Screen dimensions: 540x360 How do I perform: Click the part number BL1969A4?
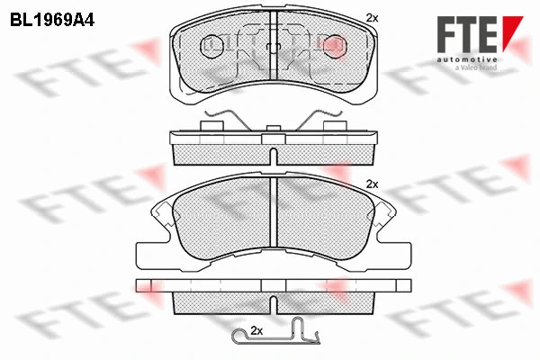tap(52, 21)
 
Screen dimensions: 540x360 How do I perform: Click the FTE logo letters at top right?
tap(467, 34)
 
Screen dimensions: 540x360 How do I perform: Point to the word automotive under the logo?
tap(467, 60)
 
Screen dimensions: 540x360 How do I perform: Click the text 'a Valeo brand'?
tap(476, 67)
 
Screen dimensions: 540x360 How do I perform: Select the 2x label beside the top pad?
tap(372, 18)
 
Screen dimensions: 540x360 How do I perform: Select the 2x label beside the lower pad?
tap(372, 184)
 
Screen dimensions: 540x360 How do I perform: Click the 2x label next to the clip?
tap(256, 331)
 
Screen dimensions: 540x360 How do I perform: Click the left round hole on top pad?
tap(211, 46)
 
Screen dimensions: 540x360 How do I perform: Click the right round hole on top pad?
tap(335, 46)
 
